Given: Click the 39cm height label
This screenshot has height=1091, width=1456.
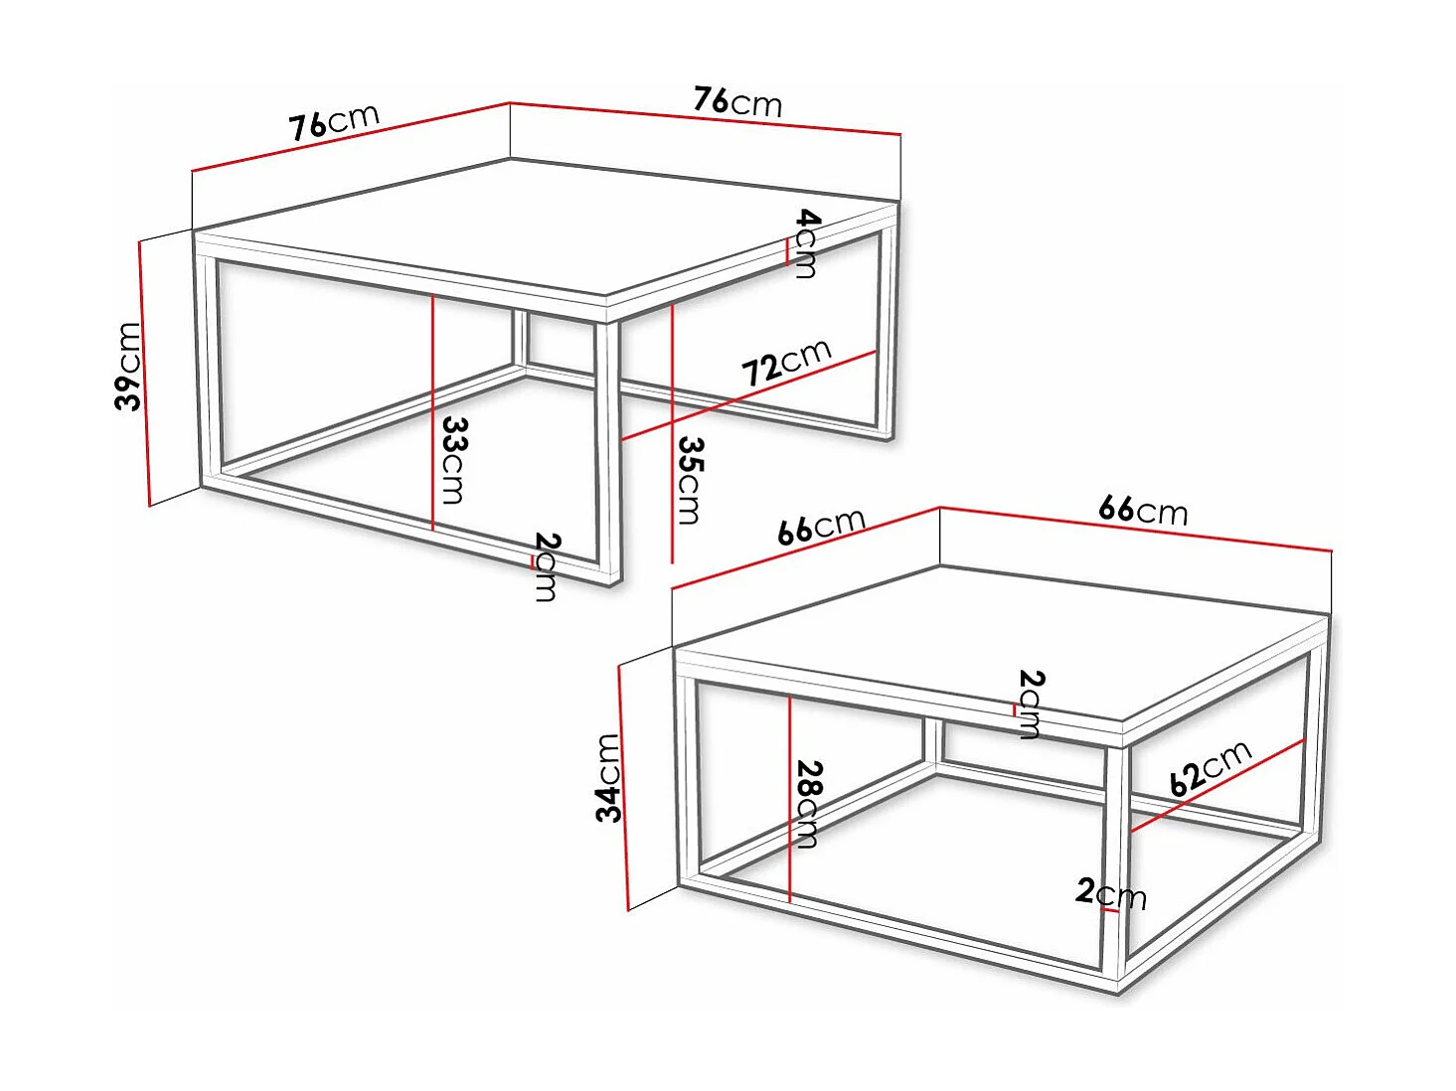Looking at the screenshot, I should tap(129, 366).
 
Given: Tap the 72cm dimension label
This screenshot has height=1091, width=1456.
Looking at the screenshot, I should tap(785, 362).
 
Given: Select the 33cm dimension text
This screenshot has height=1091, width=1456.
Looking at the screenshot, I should tap(454, 460).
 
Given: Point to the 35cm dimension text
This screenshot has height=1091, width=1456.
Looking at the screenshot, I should tap(690, 480).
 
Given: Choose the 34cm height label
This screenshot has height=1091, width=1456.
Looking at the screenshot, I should tap(608, 778).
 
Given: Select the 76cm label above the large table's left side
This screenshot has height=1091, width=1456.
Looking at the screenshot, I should tap(334, 122).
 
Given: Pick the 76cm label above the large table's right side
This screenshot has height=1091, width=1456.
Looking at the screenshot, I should tap(737, 101).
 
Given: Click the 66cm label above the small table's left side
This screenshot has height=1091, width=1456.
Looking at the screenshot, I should tap(821, 526).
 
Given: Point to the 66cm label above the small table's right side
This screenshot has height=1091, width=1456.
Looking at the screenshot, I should tap(1143, 510).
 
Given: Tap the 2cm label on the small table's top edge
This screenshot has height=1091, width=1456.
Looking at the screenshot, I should tap(1031, 703).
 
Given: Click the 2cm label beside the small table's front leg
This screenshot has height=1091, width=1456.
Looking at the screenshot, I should tap(1111, 893).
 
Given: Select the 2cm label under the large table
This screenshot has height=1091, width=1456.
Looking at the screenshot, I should tap(547, 566).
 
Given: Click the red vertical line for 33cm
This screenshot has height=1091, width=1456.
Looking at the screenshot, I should tap(433, 407).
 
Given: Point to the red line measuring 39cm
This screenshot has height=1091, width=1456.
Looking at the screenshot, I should tap(144, 373).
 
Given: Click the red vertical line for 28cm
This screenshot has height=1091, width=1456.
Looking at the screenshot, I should tap(789, 795).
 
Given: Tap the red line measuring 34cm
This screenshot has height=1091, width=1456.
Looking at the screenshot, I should tap(623, 785).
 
